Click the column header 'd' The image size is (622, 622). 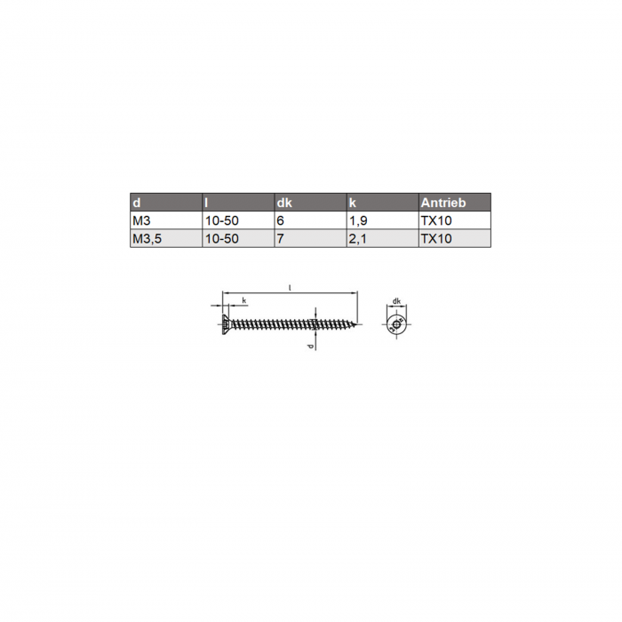[137, 203]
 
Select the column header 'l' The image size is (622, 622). [206, 203]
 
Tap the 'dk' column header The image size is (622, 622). [284, 203]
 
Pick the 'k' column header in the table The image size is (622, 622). [352, 203]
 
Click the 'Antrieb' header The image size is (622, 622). [443, 203]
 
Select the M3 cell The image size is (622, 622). [141, 220]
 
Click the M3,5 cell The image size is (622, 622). [148, 239]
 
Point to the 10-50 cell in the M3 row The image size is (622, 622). [222, 220]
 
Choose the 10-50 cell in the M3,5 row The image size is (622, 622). [222, 239]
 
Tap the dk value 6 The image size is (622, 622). [281, 220]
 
